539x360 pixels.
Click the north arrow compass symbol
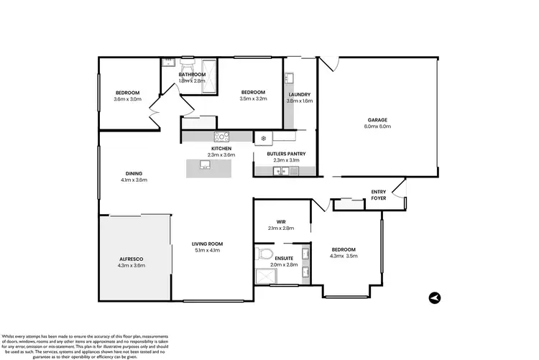coord(433,297)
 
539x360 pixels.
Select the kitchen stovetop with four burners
coord(221,136)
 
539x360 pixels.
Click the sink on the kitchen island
coord(205,167)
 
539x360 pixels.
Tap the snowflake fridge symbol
coord(264,137)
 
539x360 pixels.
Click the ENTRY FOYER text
coord(378,195)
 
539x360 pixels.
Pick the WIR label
coord(281,221)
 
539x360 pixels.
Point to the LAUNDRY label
coord(299,94)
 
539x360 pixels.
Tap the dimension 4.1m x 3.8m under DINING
coord(134,180)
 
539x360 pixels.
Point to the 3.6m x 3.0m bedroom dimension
coord(126,99)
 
